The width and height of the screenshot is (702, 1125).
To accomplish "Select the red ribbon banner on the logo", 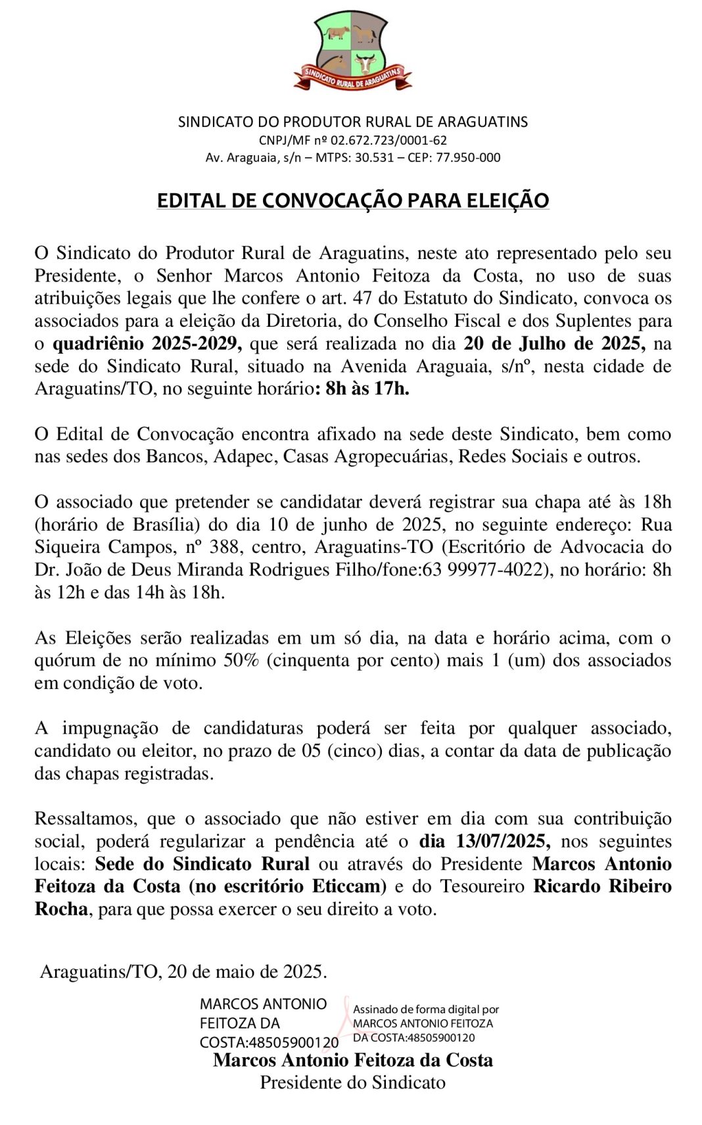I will click(353, 78).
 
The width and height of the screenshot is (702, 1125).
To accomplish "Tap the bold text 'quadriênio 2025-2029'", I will click(147, 344).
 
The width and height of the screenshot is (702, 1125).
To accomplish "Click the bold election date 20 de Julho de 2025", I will click(554, 344).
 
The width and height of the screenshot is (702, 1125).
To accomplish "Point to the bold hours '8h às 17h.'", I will click(363, 389).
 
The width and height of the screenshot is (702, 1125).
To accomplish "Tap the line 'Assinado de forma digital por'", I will click(426, 1009).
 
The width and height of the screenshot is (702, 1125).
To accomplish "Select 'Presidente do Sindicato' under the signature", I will click(352, 1083).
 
